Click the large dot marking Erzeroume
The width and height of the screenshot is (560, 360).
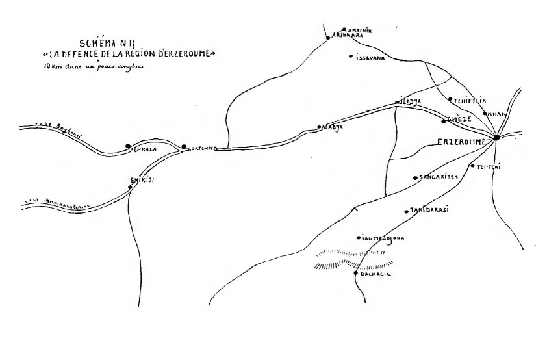pos(496,137)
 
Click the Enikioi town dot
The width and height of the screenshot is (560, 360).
pos(131,188)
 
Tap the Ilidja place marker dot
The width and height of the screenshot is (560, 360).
pos(397,103)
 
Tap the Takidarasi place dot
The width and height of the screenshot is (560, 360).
pos(406,211)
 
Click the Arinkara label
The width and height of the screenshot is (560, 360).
pos(347,36)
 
